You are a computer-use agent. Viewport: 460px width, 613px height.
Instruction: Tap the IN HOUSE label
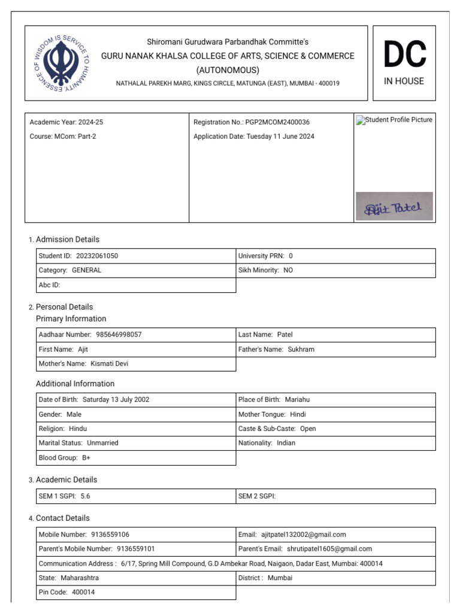(404, 81)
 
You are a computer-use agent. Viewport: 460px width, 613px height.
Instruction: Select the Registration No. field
(252, 122)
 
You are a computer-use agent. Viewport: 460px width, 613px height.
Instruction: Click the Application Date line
(253, 136)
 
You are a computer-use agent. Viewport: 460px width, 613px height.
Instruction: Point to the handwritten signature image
(394, 207)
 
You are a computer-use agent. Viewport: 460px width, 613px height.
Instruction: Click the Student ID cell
(136, 256)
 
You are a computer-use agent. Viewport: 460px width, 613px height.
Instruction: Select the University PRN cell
(335, 256)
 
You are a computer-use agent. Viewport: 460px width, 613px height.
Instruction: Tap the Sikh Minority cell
(335, 270)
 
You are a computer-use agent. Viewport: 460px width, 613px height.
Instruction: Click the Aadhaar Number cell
(136, 335)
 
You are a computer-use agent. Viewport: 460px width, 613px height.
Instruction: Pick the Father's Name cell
(335, 349)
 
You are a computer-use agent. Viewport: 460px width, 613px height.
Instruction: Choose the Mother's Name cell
(136, 363)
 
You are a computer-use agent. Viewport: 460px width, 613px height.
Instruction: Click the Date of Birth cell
(136, 399)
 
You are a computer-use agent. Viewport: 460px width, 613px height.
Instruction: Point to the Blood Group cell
(136, 457)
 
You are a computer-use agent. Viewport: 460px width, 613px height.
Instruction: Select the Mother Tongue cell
(335, 414)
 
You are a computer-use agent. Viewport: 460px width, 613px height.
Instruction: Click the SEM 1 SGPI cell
(136, 496)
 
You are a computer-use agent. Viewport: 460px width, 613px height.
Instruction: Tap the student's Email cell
(335, 535)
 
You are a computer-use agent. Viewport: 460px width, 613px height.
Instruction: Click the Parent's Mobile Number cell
(136, 549)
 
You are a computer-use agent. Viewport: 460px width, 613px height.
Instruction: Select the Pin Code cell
(136, 592)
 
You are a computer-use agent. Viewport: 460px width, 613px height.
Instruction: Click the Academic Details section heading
(66, 480)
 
